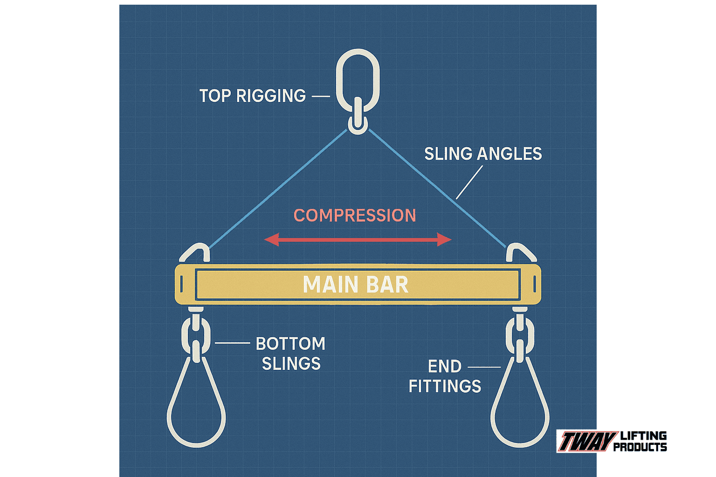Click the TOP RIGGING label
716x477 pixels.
253,96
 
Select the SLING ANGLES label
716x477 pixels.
483,154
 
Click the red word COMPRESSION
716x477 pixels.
355,216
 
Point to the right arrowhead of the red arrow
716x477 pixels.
445,240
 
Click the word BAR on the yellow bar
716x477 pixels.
388,285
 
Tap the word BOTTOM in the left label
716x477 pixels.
290,344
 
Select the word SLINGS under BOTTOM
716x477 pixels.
291,364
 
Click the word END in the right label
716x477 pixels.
445,367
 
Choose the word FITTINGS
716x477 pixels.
445,386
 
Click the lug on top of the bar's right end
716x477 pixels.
521,253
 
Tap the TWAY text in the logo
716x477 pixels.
587,441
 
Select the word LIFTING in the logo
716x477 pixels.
643,436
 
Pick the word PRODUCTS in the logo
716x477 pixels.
640,447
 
